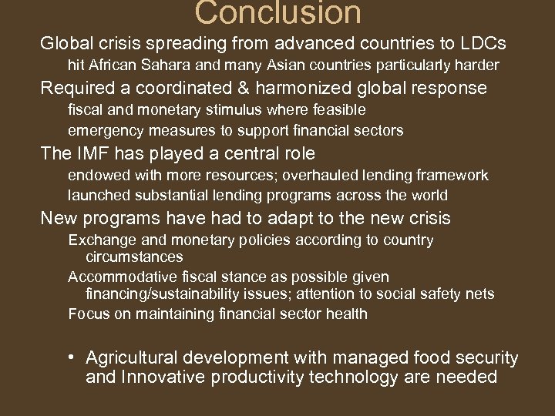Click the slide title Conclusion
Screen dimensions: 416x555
pos(277,13)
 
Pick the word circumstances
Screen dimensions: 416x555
pos(134,257)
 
